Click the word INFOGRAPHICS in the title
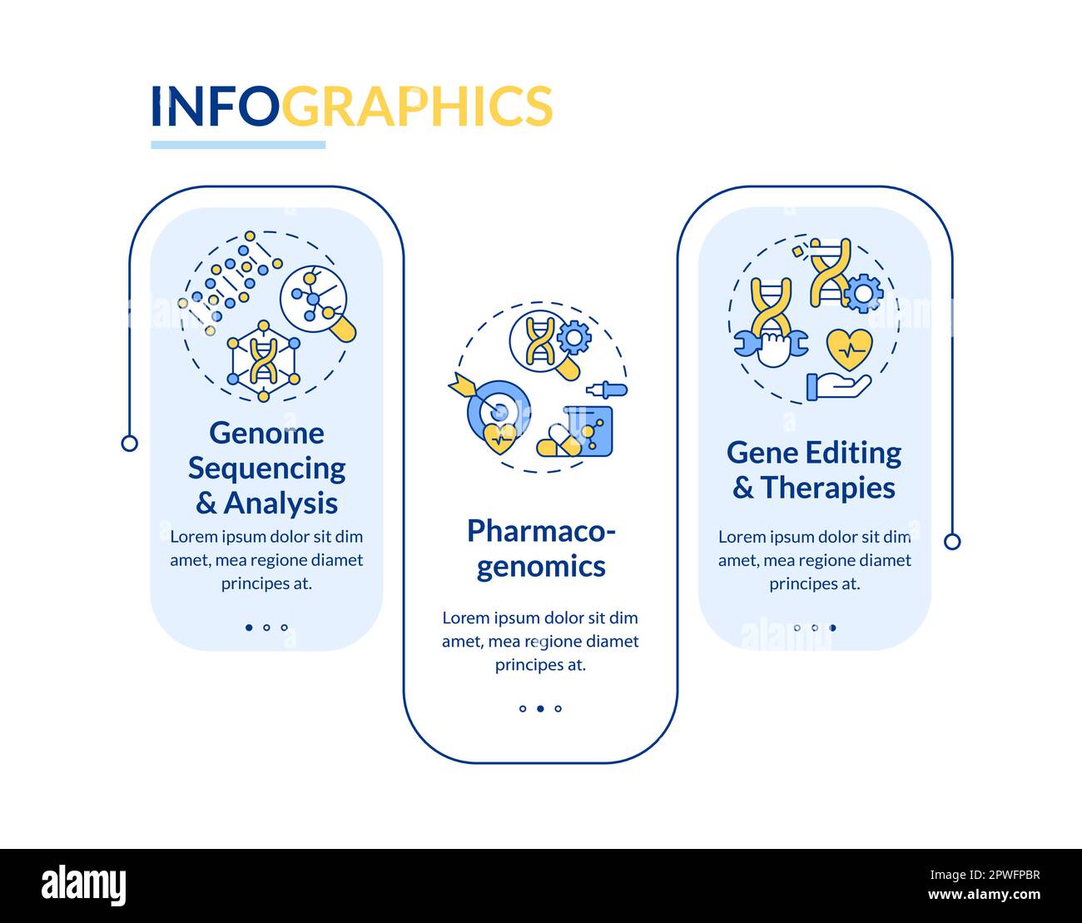click(x=351, y=106)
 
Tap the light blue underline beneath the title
click(x=238, y=145)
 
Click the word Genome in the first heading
click(x=266, y=433)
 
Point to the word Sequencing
click(x=266, y=469)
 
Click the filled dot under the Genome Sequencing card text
click(x=249, y=628)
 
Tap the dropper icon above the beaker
click(x=607, y=390)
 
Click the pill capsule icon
click(x=558, y=441)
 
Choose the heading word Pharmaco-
click(x=541, y=530)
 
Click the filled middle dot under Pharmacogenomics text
click(x=540, y=709)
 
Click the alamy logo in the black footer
click(x=84, y=885)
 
